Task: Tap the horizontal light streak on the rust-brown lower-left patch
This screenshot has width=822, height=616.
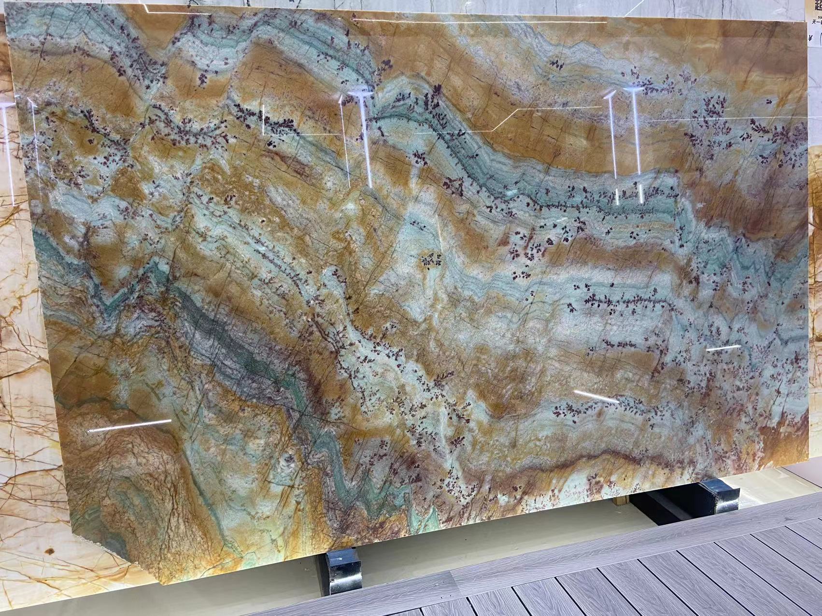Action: [129, 425]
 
